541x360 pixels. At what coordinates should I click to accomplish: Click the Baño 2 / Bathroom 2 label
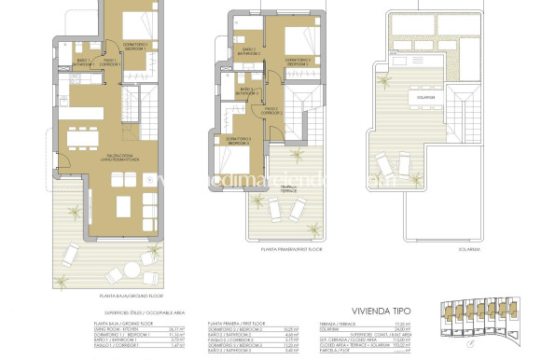[x=248, y=51]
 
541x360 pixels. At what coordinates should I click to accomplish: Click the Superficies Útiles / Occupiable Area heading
[x=136, y=312]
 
